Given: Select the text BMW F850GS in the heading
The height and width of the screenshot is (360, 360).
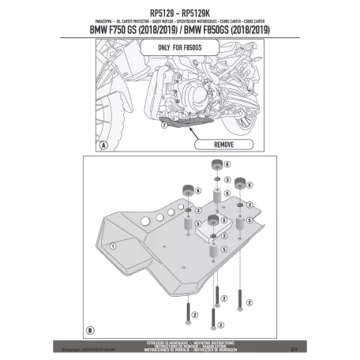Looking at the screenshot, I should pos(230,31).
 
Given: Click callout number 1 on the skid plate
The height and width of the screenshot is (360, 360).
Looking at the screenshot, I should pos(112,247).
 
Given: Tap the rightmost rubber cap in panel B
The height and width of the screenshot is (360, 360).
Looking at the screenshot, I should pos(238,184).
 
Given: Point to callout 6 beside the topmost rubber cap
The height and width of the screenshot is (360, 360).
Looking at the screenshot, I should pos(227,165).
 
